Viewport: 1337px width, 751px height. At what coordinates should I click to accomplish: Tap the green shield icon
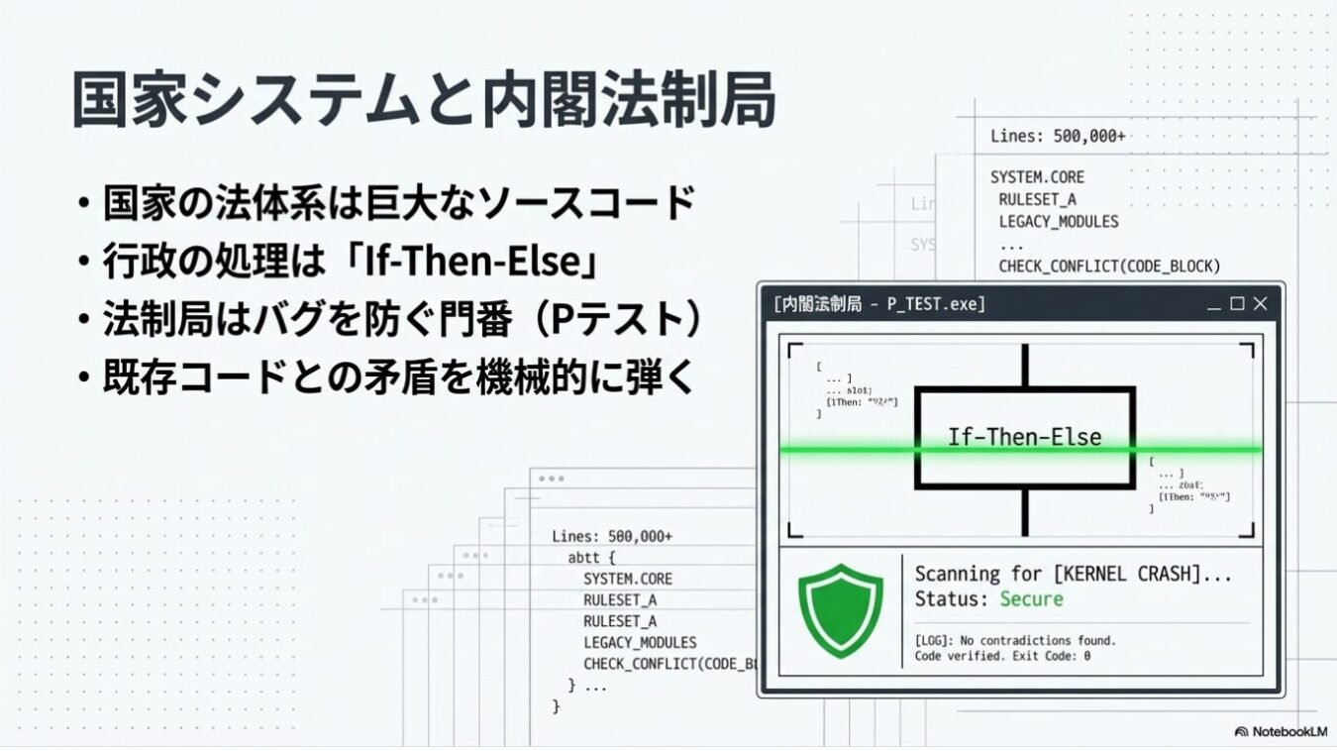click(840, 610)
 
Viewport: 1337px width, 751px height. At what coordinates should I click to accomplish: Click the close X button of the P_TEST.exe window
click(1260, 304)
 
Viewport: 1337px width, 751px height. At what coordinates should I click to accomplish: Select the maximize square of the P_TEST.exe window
click(1237, 304)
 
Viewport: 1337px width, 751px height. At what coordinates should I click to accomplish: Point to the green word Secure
click(1031, 599)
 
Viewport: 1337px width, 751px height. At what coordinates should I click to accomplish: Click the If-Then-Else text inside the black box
click(1024, 437)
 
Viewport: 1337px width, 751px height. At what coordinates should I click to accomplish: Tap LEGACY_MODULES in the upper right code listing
click(1058, 222)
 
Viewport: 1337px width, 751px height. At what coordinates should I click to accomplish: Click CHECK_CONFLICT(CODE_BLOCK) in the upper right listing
click(1109, 267)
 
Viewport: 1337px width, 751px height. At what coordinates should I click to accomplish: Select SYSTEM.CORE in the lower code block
click(627, 579)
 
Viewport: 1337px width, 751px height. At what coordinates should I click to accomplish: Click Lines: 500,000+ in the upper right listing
click(1057, 137)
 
